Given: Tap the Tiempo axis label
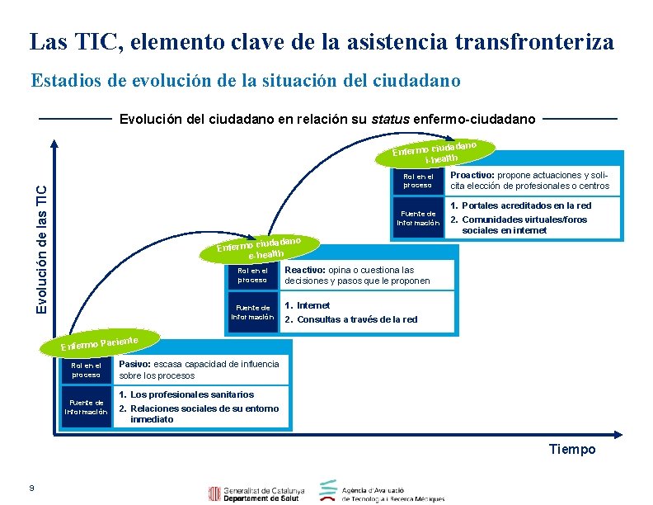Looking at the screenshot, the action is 571,449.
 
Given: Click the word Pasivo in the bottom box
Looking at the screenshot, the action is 134,364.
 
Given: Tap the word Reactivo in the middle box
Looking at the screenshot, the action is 304,270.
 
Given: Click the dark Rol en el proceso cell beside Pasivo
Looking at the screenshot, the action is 86,370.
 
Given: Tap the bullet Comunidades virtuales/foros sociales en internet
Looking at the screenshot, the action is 524,224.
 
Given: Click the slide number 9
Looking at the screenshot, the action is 31,488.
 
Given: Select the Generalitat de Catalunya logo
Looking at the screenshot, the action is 256,493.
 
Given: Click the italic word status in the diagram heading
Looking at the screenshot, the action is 390,120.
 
